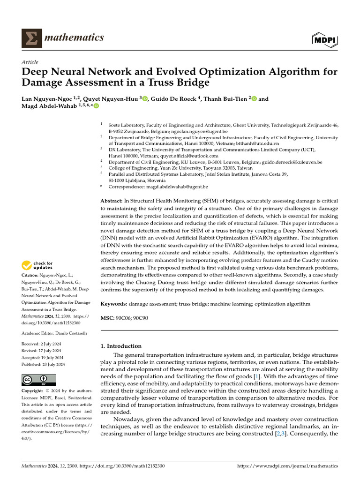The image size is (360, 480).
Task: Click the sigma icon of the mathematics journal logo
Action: point(31,38)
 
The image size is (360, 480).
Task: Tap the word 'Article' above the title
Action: point(30,62)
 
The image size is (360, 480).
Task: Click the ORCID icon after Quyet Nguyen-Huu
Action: point(145,99)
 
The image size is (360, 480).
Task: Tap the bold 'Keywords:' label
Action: point(114,304)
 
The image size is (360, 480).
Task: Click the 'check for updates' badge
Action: point(38,266)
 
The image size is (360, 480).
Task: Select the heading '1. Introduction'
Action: point(121,346)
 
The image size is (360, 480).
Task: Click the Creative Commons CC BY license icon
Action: point(38,380)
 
